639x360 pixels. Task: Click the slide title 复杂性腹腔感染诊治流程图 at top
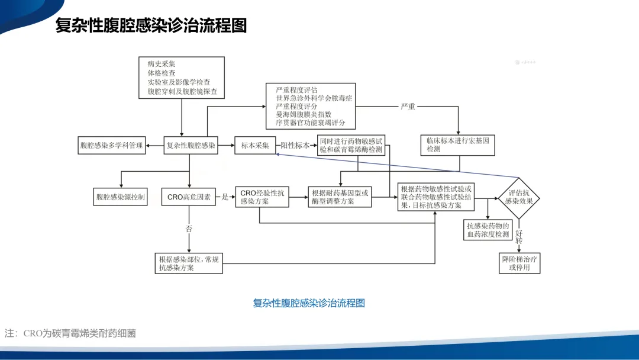coord(151,26)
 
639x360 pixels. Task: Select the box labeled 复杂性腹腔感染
coord(191,145)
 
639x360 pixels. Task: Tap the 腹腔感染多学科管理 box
coord(112,145)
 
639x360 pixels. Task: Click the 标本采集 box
coord(255,145)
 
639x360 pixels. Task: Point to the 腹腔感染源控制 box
coord(121,197)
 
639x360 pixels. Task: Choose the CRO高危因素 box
coord(189,197)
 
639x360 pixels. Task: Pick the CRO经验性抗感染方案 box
coord(262,197)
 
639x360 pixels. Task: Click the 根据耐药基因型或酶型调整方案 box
coord(340,197)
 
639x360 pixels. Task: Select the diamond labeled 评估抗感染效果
coord(519,197)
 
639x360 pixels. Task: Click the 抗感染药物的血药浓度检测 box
coord(488,230)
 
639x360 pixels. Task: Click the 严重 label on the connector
coord(408,107)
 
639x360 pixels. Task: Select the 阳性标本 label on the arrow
coord(295,145)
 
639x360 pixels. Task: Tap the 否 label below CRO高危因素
coord(189,228)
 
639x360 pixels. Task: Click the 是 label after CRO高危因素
coord(225,197)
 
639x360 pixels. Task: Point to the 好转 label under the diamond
coord(519,237)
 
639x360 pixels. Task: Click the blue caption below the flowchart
coord(309,303)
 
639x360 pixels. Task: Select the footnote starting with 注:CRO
coord(70,333)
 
